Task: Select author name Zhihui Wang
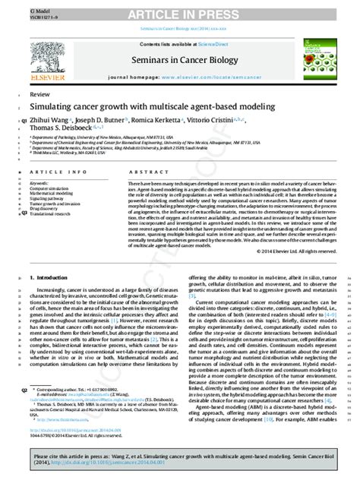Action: point(49,120)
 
